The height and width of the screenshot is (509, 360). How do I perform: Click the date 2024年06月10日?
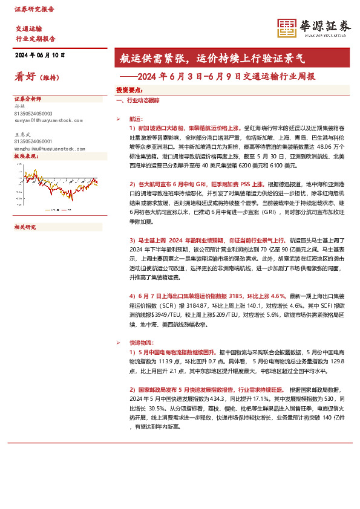click(39, 55)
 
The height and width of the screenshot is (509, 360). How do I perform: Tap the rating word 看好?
click(25, 77)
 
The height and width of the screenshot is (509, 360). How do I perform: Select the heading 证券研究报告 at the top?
click(34, 10)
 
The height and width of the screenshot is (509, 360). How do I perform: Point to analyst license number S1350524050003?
click(33, 114)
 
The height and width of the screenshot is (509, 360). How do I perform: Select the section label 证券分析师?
click(27, 99)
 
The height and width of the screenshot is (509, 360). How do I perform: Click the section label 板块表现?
click(25, 157)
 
